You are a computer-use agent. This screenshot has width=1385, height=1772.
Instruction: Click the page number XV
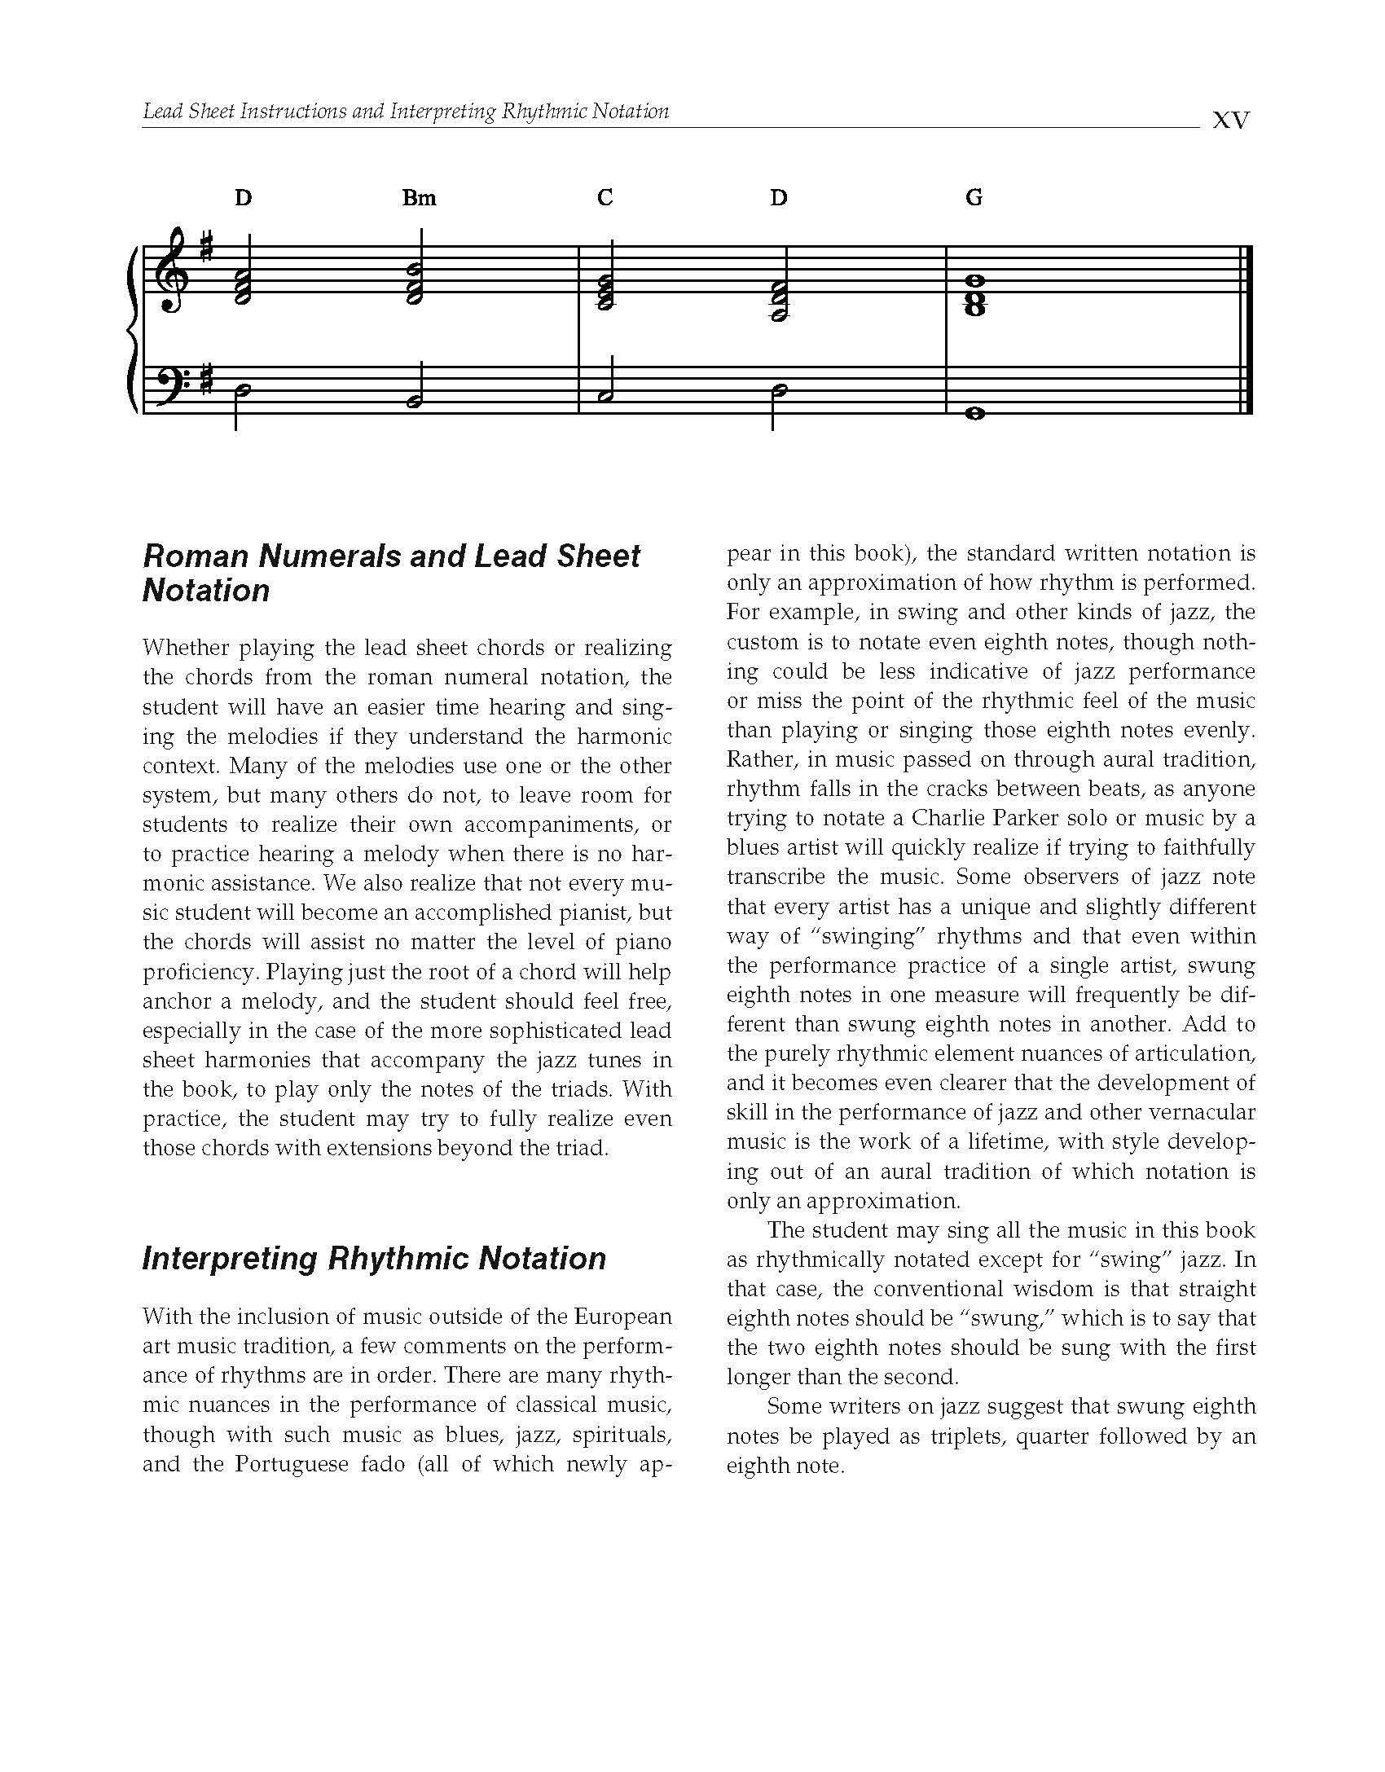click(1230, 121)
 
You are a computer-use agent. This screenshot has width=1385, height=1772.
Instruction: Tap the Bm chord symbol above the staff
click(419, 198)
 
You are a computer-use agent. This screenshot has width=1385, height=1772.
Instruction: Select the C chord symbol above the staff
click(605, 198)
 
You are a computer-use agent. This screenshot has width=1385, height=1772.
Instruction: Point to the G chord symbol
click(974, 198)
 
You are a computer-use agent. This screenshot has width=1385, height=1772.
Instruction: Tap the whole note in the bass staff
click(974, 414)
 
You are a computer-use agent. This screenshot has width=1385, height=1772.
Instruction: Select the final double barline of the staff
click(1244, 330)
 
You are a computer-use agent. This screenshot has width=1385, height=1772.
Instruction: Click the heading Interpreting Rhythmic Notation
click(374, 1259)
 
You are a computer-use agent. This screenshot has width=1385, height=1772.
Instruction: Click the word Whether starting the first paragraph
click(184, 648)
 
